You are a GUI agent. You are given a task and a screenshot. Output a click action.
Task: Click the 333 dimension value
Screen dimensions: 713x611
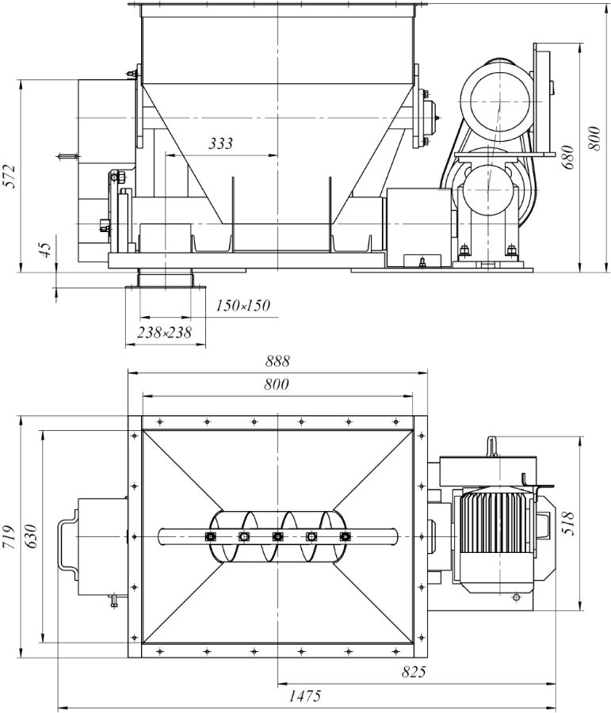220,143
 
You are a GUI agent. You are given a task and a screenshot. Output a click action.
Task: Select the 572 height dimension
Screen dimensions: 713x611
10,177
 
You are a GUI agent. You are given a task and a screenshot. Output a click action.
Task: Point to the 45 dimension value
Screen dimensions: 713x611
45,250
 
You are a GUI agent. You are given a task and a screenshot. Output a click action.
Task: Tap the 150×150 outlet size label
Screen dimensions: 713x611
243,306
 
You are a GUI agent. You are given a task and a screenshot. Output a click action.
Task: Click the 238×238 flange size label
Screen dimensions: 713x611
164,333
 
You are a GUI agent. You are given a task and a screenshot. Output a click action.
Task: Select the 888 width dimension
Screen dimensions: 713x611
277,361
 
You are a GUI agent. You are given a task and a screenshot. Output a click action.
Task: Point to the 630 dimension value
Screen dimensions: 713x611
32,537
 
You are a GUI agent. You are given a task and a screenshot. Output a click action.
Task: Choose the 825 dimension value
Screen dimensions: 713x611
413,672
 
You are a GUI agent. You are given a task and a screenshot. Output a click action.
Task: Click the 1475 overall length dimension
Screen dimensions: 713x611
304,696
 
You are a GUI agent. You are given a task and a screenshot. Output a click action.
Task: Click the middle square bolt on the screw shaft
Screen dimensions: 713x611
277,537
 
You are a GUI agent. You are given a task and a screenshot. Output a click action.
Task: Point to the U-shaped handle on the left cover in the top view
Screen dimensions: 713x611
66,538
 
